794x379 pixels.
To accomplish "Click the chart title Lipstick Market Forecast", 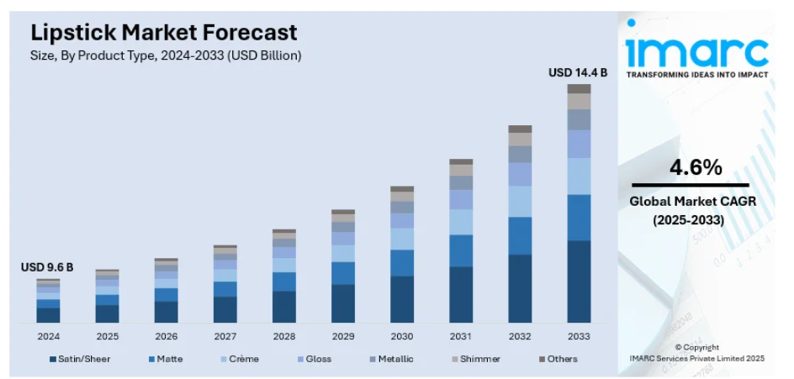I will pyautogui.click(x=164, y=33).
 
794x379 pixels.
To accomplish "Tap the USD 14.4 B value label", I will pyautogui.click(x=578, y=73).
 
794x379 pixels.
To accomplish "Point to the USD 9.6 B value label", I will pyautogui.click(x=47, y=267).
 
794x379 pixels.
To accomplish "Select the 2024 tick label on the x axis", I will pyautogui.click(x=48, y=336).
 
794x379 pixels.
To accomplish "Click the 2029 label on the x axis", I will pyautogui.click(x=342, y=336).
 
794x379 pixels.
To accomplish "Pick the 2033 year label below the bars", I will pyautogui.click(x=579, y=336).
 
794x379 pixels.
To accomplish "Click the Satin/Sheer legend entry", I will pyautogui.click(x=80, y=359).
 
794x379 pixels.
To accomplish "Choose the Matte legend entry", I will pyautogui.click(x=166, y=359).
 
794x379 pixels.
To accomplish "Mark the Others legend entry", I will pyautogui.click(x=558, y=359).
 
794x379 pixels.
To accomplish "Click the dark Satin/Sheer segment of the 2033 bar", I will pyautogui.click(x=579, y=282).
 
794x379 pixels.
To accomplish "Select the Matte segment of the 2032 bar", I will pyautogui.click(x=520, y=235).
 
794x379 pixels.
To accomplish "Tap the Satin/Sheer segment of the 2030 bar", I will pyautogui.click(x=402, y=299).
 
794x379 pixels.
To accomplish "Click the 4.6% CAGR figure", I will pyautogui.click(x=696, y=167).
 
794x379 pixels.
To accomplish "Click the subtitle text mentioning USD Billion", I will pyautogui.click(x=166, y=55).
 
